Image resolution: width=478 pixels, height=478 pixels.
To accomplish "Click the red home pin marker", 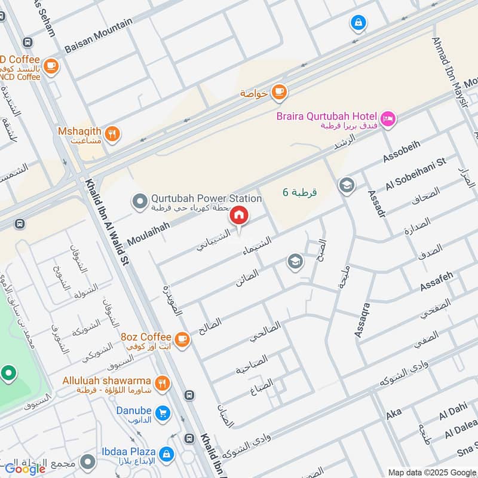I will tap(239, 216).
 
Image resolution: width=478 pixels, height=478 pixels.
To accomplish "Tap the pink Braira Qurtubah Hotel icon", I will tap(388, 119).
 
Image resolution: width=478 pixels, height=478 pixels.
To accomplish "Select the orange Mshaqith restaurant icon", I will tap(112, 134).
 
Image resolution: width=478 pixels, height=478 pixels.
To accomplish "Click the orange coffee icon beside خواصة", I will tap(278, 92).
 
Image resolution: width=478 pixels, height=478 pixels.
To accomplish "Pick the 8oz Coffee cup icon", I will tap(182, 339).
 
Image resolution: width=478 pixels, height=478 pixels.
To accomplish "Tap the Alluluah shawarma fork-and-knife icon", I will tap(161, 383).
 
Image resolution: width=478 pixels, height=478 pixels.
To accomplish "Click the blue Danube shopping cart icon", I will tap(161, 413).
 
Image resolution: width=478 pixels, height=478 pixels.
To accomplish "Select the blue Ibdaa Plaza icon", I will tap(168, 454).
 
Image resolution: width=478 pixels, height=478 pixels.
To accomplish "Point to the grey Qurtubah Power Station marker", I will tap(140, 202).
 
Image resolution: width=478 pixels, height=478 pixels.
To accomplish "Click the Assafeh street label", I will tap(437, 282).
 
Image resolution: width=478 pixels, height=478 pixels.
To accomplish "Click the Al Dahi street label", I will tap(451, 415).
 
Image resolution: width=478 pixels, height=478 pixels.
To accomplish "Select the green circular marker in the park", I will tap(8, 375).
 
